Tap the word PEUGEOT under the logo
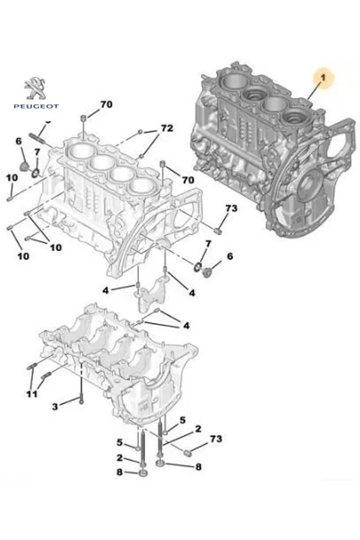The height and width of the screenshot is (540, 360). pos(36,106)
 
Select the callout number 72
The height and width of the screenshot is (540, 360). pos(167,128)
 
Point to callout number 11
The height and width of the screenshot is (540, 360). pos(32,394)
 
